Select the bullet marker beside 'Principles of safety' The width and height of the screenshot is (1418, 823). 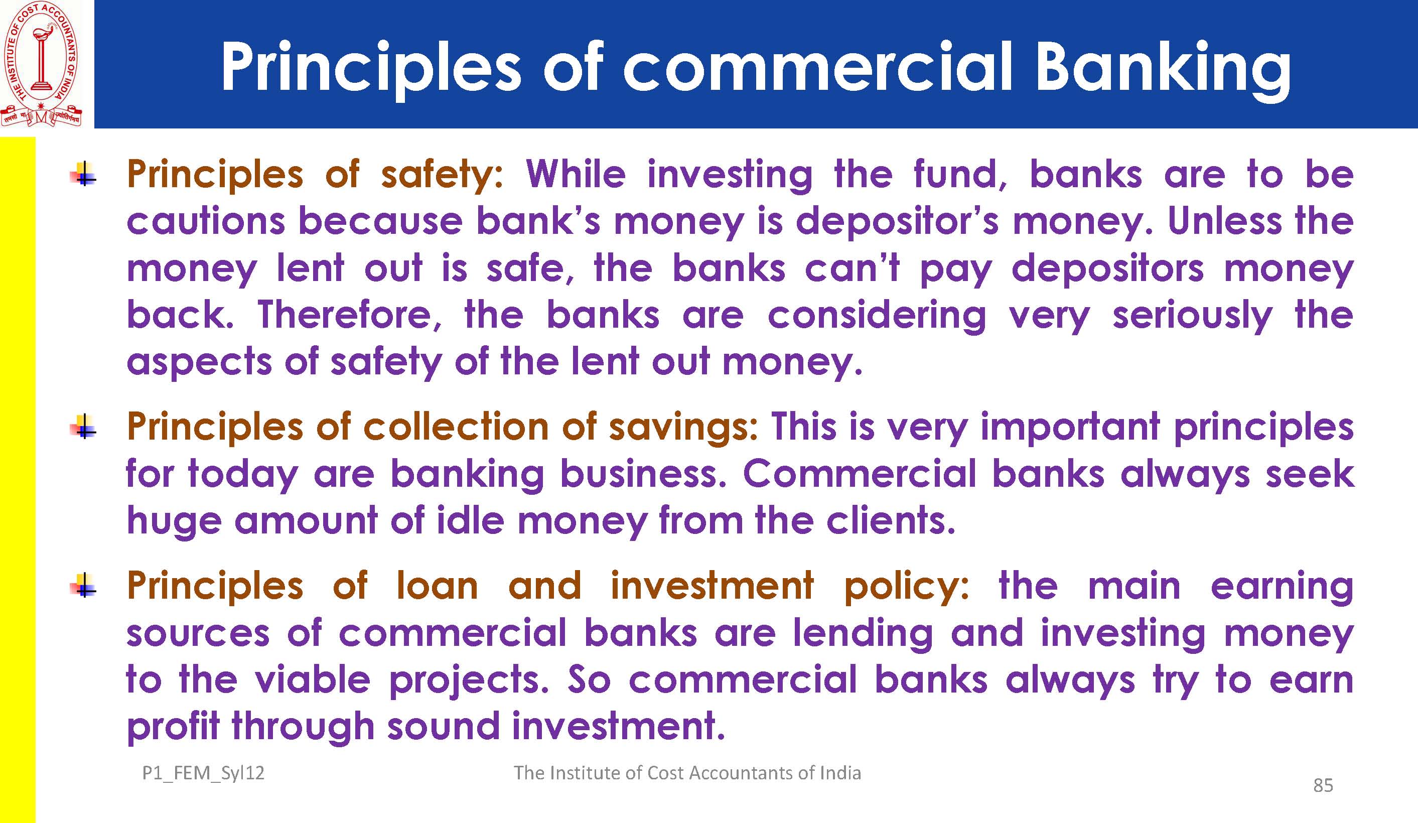(84, 174)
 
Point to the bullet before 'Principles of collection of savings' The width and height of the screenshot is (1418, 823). (84, 426)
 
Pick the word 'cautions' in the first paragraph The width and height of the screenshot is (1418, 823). (206, 221)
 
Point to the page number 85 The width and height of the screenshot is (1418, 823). (1323, 785)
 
